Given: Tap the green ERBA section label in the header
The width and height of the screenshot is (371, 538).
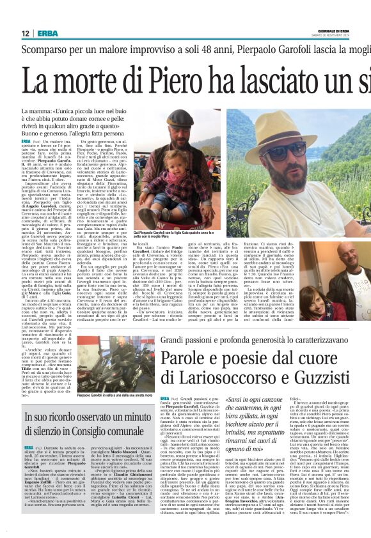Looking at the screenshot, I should (x=47, y=33).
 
